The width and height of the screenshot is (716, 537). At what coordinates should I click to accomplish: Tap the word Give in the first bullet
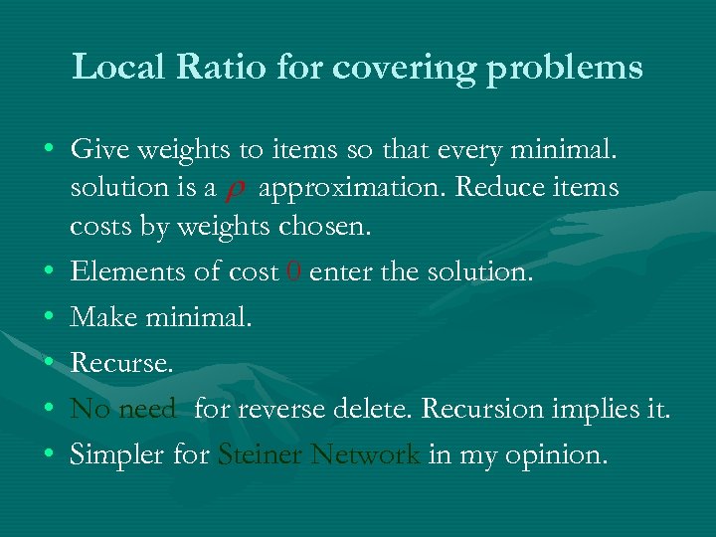tap(97, 150)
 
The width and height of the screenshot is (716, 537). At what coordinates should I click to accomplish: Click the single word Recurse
tap(121, 363)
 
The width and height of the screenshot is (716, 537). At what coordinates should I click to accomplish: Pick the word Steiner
tap(260, 454)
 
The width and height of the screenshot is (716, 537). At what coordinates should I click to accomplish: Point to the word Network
tap(365, 454)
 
